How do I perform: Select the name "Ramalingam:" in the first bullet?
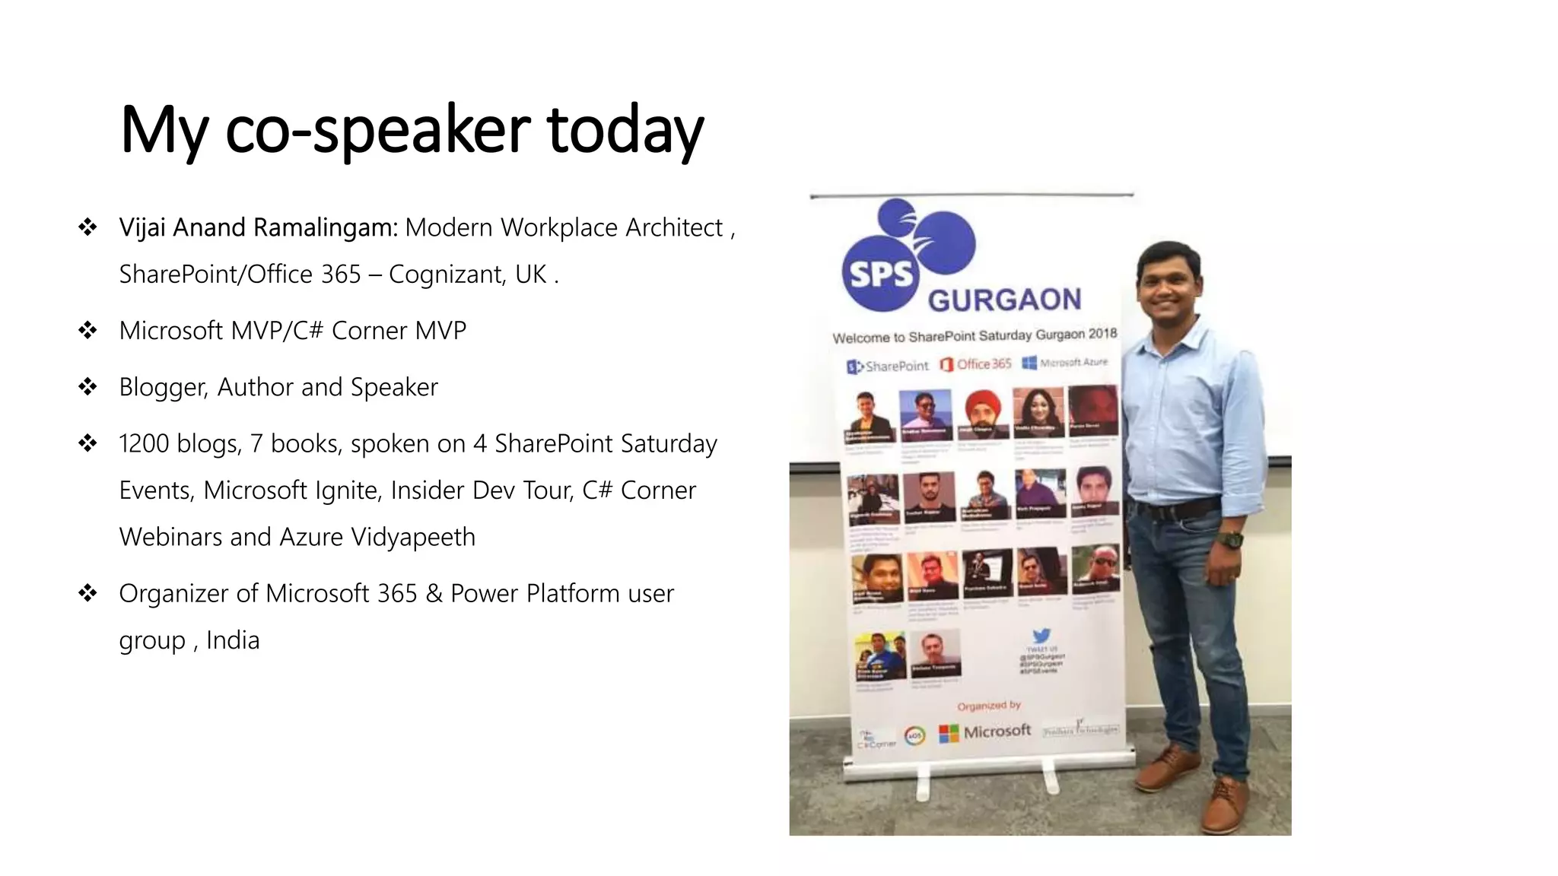click(x=326, y=227)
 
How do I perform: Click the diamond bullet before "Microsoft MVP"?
click(x=87, y=330)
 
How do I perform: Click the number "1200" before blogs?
click(x=144, y=443)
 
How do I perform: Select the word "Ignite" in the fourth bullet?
click(x=345, y=490)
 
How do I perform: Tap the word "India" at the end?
click(x=233, y=640)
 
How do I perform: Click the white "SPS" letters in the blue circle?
click(x=880, y=273)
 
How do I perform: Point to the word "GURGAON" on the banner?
click(x=1004, y=300)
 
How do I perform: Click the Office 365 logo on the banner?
click(x=976, y=364)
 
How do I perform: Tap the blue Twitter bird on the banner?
click(x=1041, y=636)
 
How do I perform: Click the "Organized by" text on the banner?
click(x=989, y=706)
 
